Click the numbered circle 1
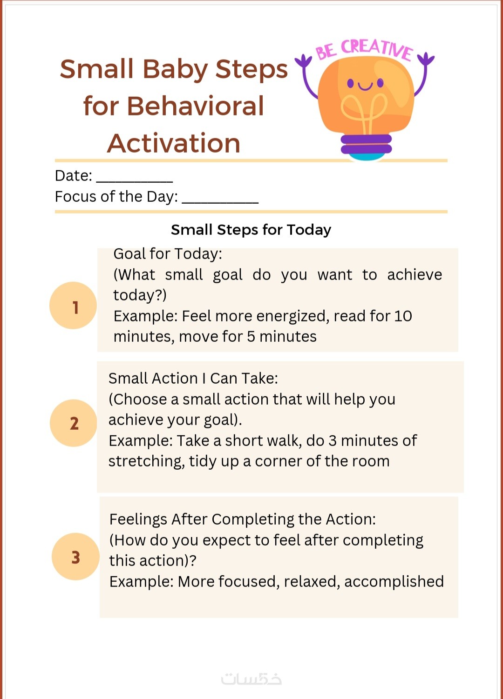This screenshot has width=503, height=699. [x=73, y=306]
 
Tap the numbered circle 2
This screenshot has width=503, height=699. [x=74, y=423]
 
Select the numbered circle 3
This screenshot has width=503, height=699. [x=75, y=557]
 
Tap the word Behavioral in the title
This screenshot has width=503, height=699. [x=195, y=106]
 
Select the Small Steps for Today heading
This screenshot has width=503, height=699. [x=251, y=230]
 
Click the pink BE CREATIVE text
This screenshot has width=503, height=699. [x=364, y=49]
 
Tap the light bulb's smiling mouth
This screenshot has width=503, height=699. [x=365, y=86]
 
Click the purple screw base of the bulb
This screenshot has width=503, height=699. [x=366, y=144]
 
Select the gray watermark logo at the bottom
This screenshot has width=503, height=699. [x=251, y=679]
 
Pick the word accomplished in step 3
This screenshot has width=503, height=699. [x=394, y=581]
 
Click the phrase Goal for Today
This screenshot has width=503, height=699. [x=168, y=254]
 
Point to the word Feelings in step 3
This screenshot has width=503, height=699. [x=138, y=520]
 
